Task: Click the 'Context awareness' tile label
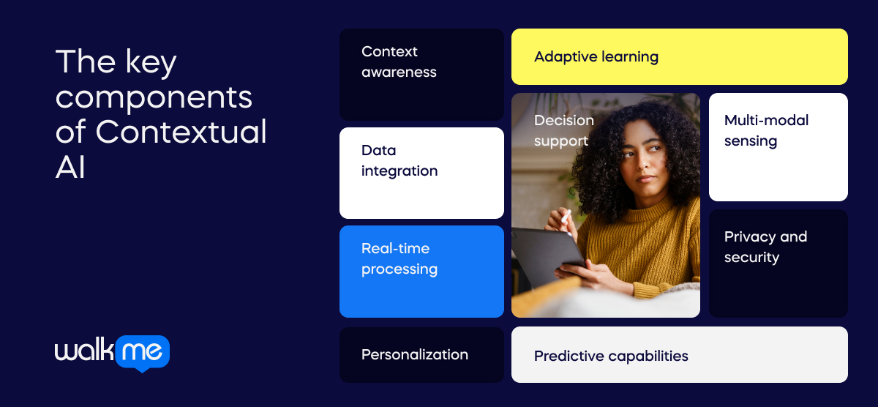399,61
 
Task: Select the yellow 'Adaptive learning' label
596,56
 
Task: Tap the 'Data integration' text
399,160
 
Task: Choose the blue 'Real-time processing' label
399,258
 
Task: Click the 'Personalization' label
414,354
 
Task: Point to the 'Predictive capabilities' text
611,356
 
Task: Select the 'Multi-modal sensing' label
766,130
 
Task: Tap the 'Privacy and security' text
765,247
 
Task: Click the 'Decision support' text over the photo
563,130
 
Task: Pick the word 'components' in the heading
154,97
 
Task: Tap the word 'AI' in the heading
70,168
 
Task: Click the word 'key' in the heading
151,63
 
